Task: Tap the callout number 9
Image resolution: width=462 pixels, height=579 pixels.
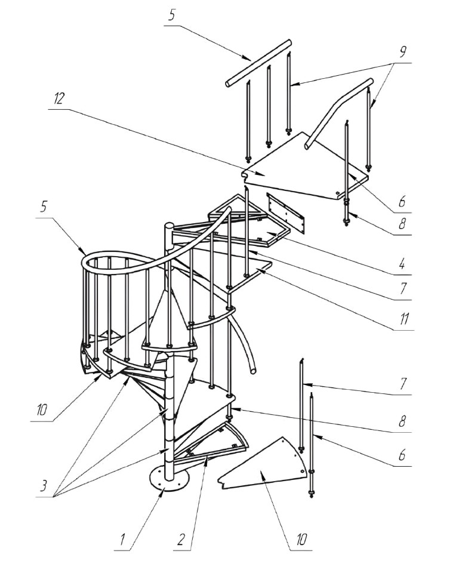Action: point(402,52)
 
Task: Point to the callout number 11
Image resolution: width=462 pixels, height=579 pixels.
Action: point(404,318)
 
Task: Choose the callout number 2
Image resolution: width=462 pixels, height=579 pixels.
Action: point(180,541)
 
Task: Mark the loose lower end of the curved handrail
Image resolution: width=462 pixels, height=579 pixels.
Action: point(253,370)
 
